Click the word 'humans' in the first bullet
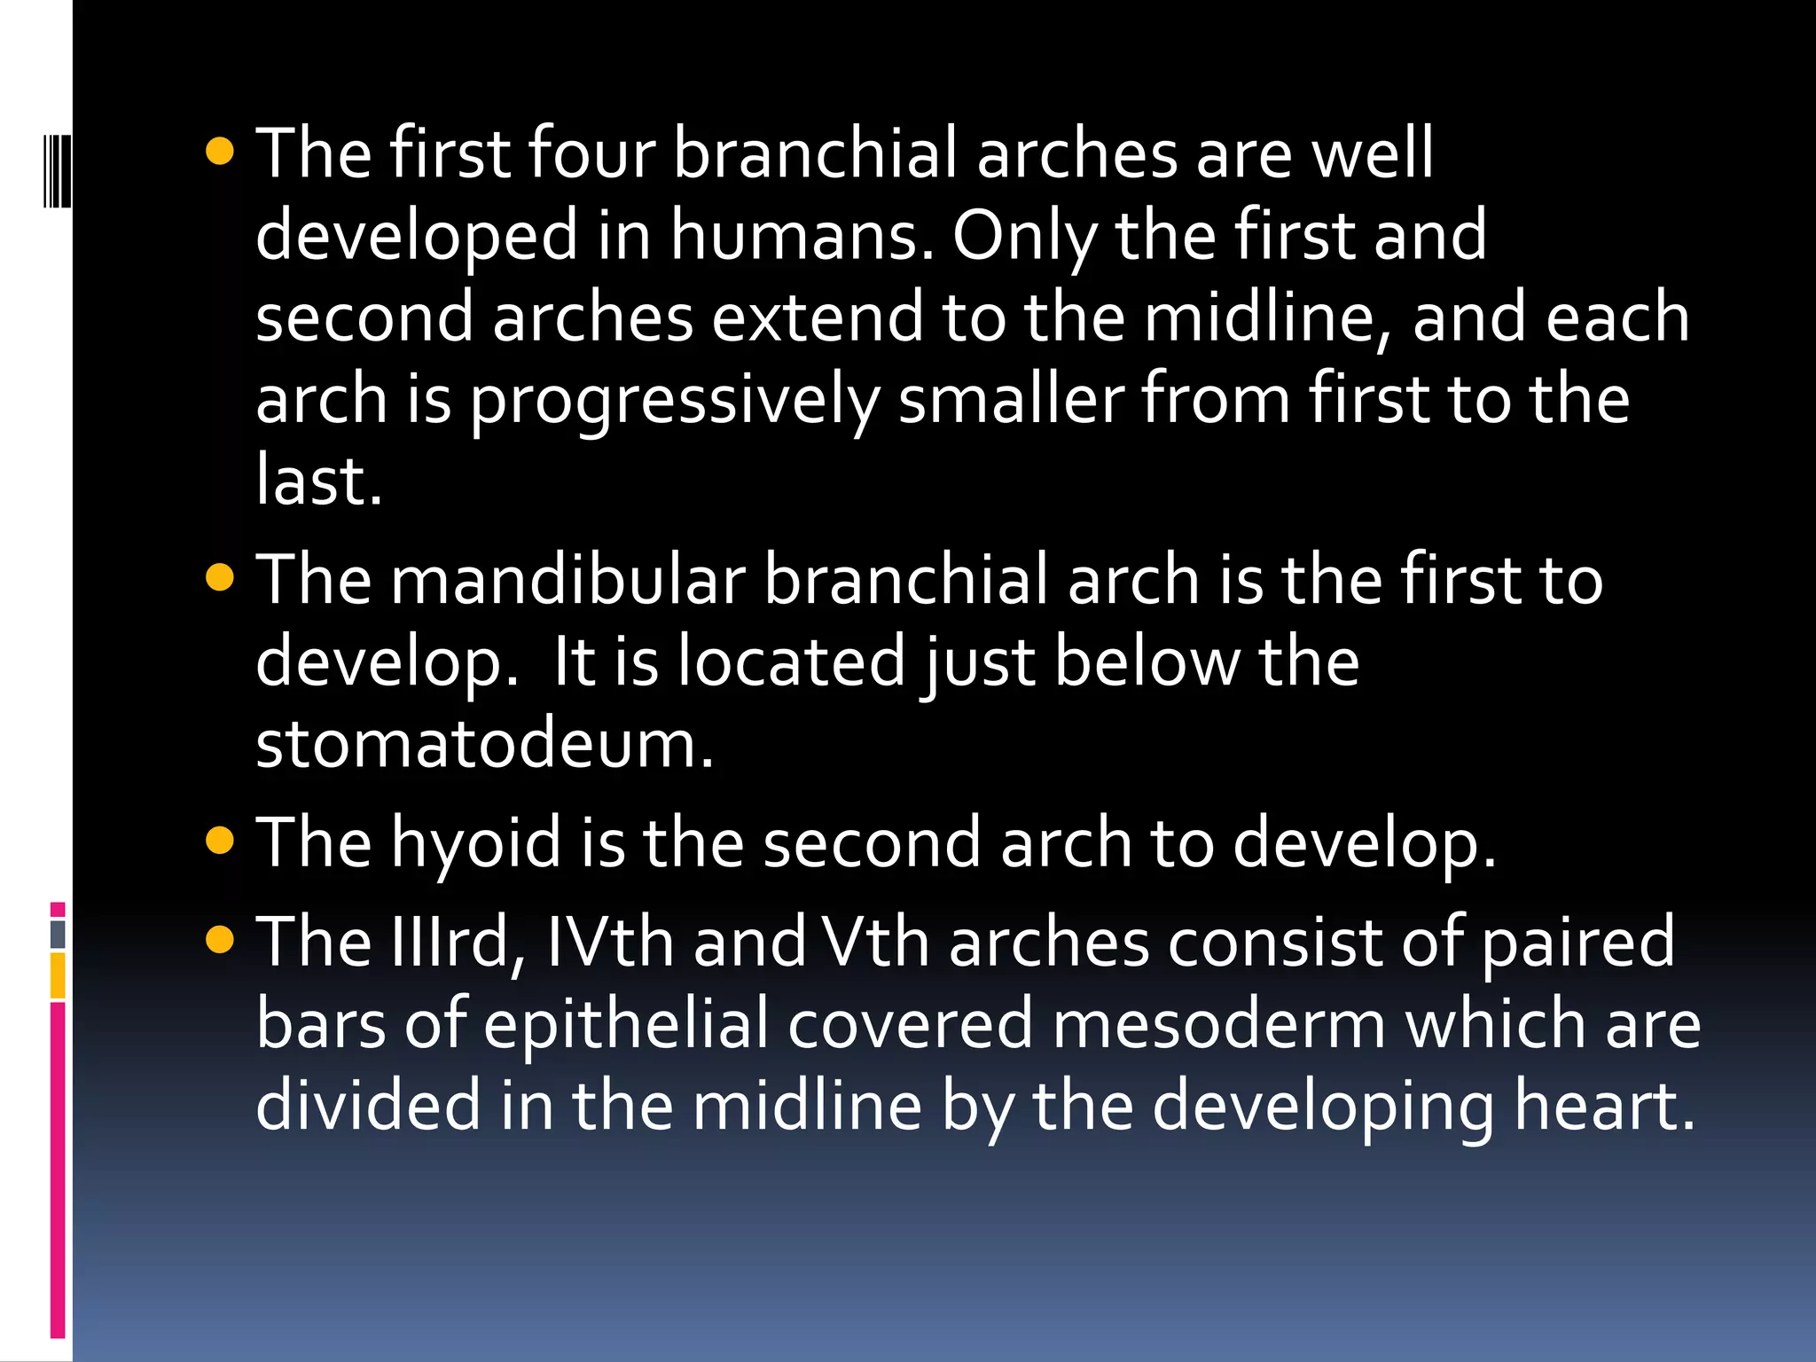(802, 236)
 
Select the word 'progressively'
(674, 401)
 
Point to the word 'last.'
(319, 481)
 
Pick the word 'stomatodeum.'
(484, 743)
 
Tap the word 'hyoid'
(476, 843)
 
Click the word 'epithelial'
(626, 1025)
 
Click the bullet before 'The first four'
(219, 151)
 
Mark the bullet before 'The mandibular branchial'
(219, 578)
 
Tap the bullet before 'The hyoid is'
(219, 840)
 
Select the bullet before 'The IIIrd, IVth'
(219, 939)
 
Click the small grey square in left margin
(58, 934)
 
